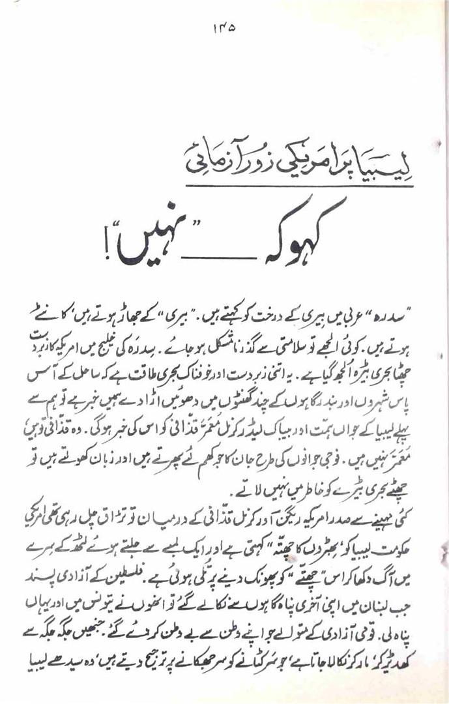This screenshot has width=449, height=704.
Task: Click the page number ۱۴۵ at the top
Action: [x=224, y=29]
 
